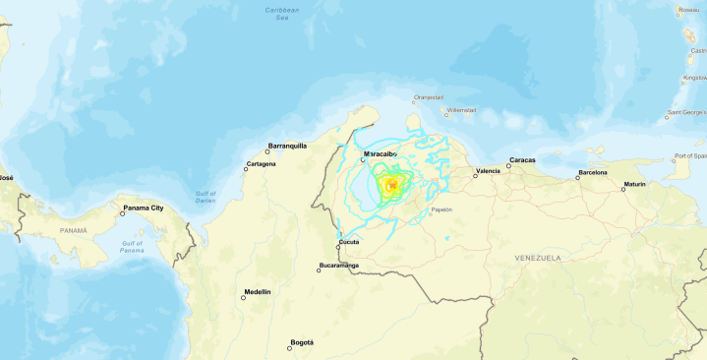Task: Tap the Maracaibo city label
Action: [x=381, y=154]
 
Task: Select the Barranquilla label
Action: [x=288, y=146]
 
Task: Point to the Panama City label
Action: [x=143, y=209]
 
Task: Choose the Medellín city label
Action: [x=258, y=292]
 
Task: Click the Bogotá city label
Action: [x=302, y=342]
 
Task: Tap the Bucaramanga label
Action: [x=339, y=266]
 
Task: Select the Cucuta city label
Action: [x=349, y=242]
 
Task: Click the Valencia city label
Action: [x=488, y=171]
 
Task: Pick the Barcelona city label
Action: [x=593, y=173]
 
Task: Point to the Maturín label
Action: [x=633, y=185]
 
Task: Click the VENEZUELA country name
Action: [x=537, y=258]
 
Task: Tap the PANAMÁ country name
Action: [x=74, y=230]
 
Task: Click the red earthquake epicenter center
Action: [x=392, y=184]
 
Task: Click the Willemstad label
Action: [x=461, y=110]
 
